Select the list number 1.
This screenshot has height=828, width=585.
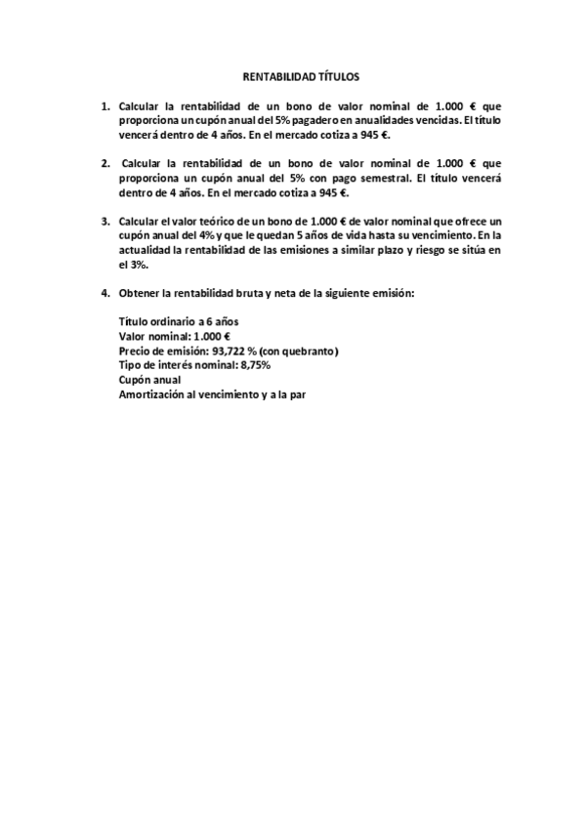[104, 105]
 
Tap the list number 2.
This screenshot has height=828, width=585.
[104, 163]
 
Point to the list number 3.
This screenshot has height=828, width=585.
[104, 222]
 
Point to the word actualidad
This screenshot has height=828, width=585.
[144, 250]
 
